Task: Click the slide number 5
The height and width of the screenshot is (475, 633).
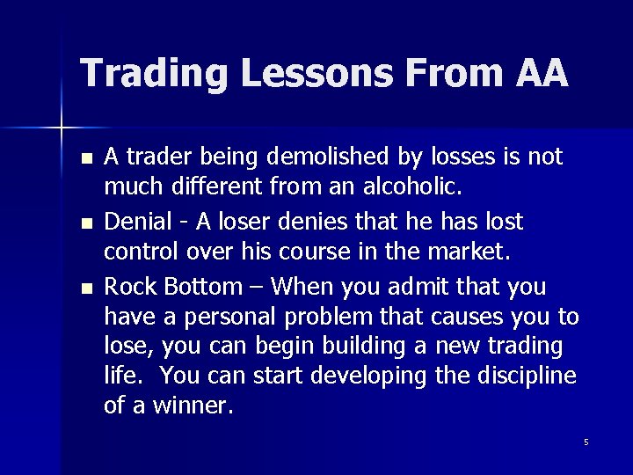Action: point(586,441)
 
